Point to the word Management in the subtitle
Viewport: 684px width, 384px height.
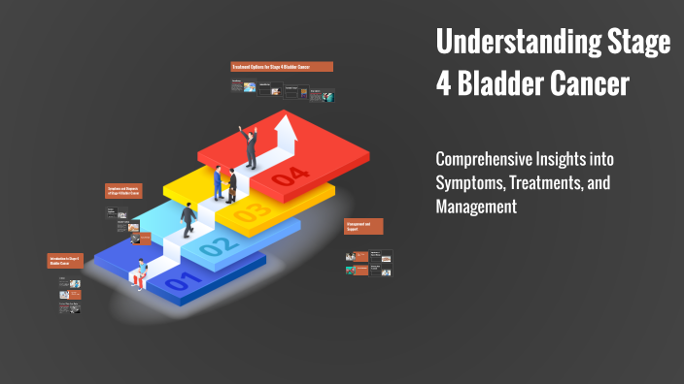(x=476, y=206)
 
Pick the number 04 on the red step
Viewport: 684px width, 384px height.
(x=290, y=177)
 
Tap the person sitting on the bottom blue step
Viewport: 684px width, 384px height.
(x=142, y=273)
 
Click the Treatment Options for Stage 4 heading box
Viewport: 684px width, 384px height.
(x=282, y=67)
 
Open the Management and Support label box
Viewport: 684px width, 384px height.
(x=363, y=226)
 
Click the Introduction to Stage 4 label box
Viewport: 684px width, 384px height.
(x=64, y=261)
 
